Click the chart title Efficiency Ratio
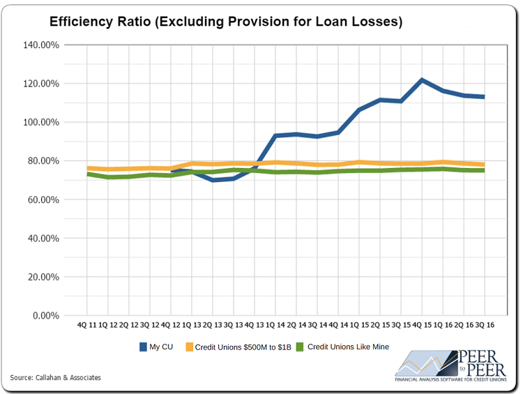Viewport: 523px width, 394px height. (226, 22)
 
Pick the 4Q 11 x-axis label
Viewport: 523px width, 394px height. (87, 325)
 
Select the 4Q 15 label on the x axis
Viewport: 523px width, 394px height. (421, 325)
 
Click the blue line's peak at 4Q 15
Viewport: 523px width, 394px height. (422, 80)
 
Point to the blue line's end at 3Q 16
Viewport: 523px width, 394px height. (483, 96)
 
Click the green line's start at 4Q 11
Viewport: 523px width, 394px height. (88, 174)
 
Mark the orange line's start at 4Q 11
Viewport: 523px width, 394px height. (88, 168)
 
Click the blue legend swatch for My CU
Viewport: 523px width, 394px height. (144, 347)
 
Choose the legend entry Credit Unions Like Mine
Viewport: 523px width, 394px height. (348, 347)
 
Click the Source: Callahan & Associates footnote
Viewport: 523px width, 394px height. (56, 377)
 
